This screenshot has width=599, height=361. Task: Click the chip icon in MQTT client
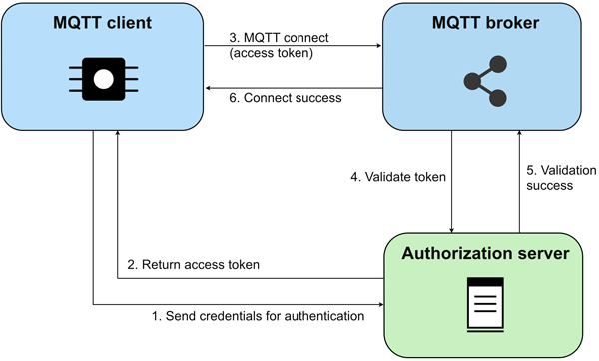point(102,78)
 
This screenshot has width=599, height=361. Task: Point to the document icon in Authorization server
point(485,301)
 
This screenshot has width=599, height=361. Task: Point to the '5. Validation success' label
point(555,177)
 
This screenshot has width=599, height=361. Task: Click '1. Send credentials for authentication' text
point(256,316)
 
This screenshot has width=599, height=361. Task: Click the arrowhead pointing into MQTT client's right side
point(208,88)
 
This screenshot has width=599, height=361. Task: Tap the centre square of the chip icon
point(102,78)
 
